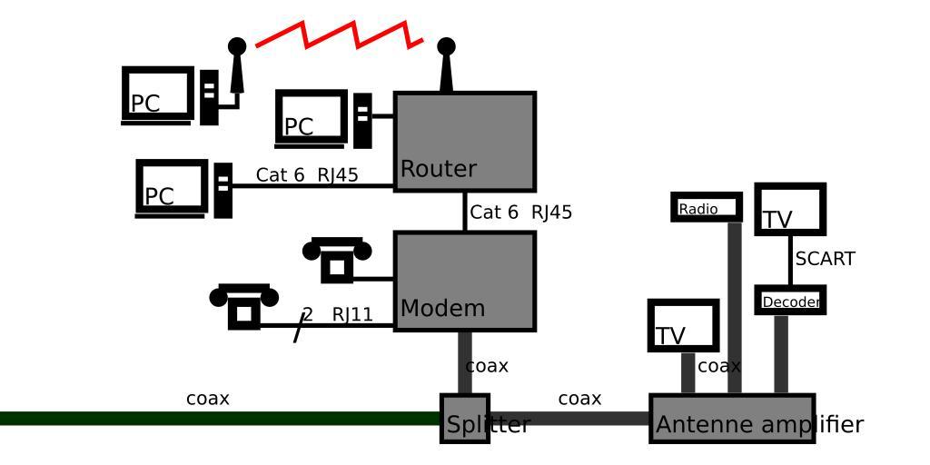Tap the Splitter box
(x=465, y=419)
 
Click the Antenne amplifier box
(x=732, y=419)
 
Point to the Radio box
(x=707, y=207)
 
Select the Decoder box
(x=790, y=301)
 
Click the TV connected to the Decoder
(x=790, y=210)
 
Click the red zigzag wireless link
(x=340, y=35)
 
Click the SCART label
(x=825, y=259)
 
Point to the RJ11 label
(x=352, y=315)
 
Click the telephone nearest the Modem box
(x=337, y=259)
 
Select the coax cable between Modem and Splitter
(x=465, y=363)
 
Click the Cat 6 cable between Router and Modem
(x=465, y=212)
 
